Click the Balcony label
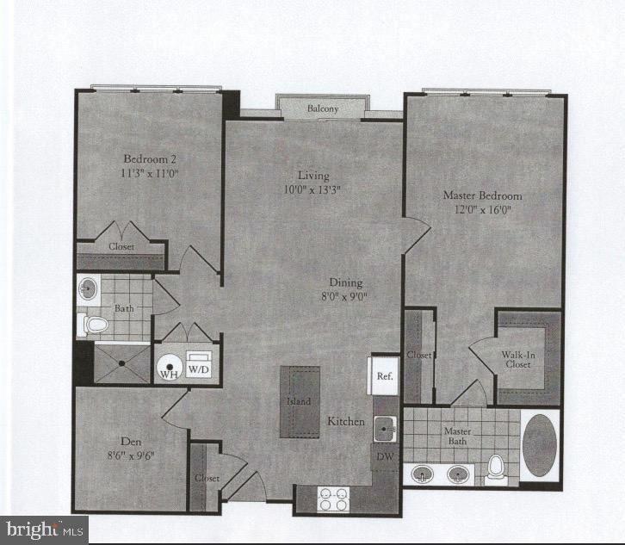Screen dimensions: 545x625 (x=323, y=109)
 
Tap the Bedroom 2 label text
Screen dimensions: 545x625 (x=150, y=159)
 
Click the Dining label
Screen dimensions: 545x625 (x=346, y=282)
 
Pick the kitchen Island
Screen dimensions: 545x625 (x=299, y=402)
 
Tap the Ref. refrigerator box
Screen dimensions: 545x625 (x=385, y=376)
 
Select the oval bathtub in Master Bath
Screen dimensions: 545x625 (x=540, y=445)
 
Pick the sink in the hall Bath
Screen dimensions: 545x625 (x=88, y=288)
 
